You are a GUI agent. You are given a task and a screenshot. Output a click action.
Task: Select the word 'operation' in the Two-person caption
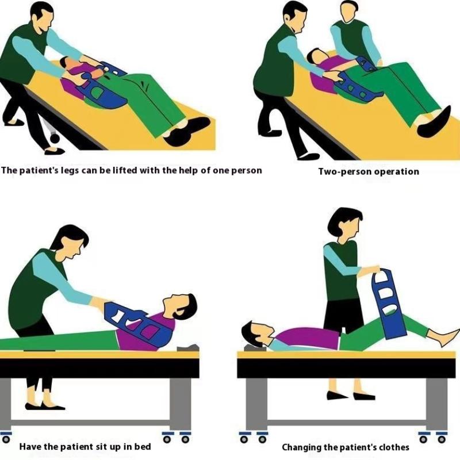pos(396,171)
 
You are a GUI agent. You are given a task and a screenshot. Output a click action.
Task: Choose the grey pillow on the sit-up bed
pos(187,347)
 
